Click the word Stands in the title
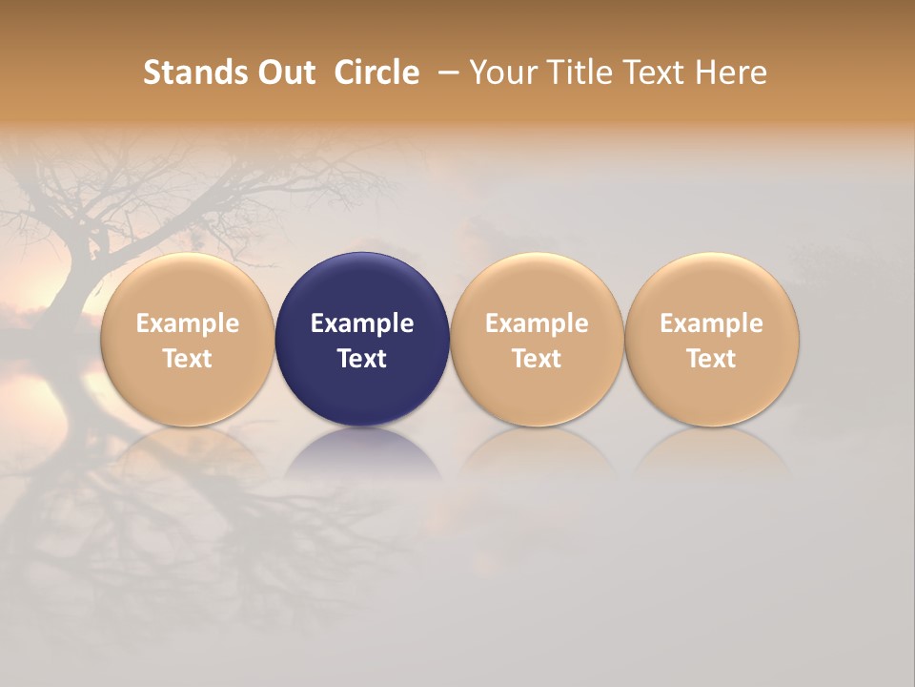click(x=183, y=73)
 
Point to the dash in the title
click(x=447, y=73)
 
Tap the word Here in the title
click(x=732, y=73)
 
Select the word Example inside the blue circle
click(x=362, y=323)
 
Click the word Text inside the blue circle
click(x=362, y=359)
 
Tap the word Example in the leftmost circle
click(x=187, y=323)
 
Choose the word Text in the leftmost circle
click(x=187, y=359)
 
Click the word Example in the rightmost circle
click(x=711, y=323)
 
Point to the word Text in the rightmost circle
click(x=711, y=359)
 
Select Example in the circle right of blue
click(x=537, y=323)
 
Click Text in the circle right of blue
click(x=537, y=359)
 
